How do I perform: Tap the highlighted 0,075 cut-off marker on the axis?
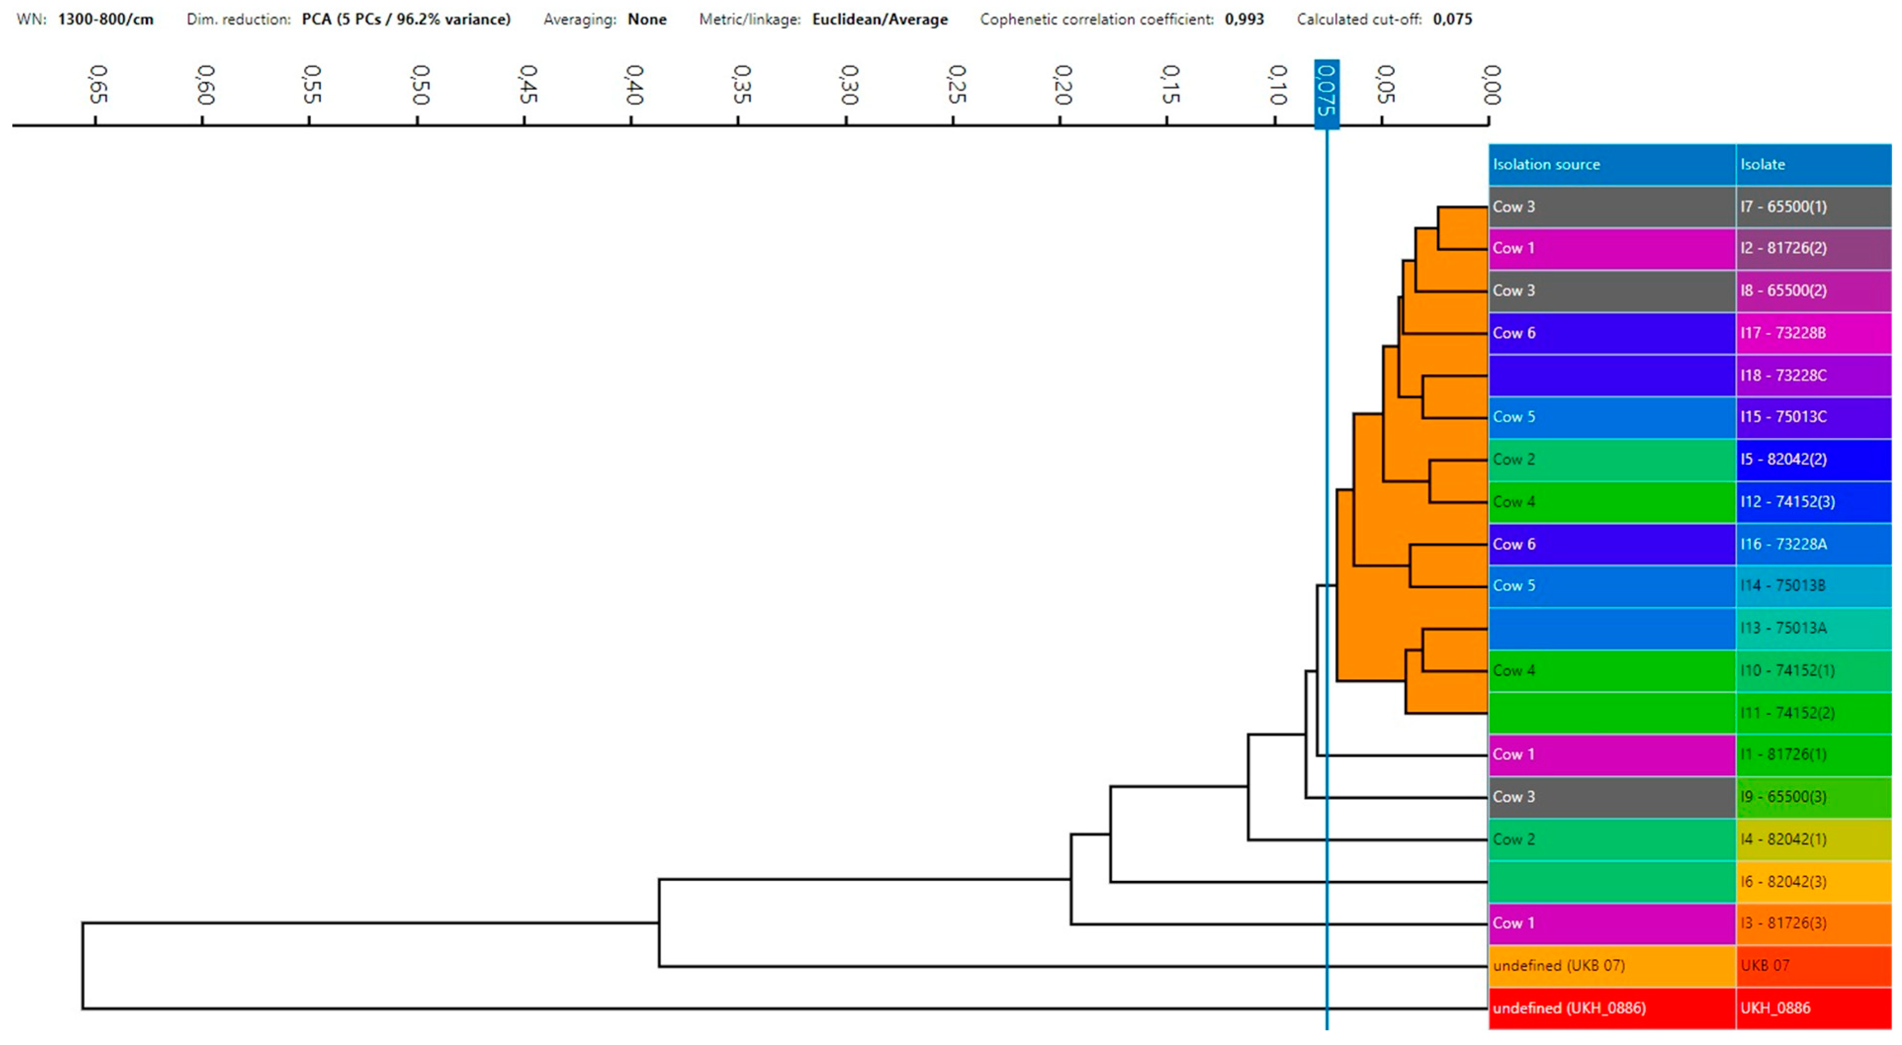point(1326,90)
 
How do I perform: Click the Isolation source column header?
point(1546,164)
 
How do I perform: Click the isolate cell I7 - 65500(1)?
point(1783,206)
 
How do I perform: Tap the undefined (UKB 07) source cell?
point(1558,965)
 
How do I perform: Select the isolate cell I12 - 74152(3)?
point(1787,501)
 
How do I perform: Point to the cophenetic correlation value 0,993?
point(1244,19)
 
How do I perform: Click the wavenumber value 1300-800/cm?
point(106,19)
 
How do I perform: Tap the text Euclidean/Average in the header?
point(879,19)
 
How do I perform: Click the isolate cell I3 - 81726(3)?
point(1783,923)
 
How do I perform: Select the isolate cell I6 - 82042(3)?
point(1783,881)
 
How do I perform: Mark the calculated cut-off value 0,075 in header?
point(1452,19)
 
